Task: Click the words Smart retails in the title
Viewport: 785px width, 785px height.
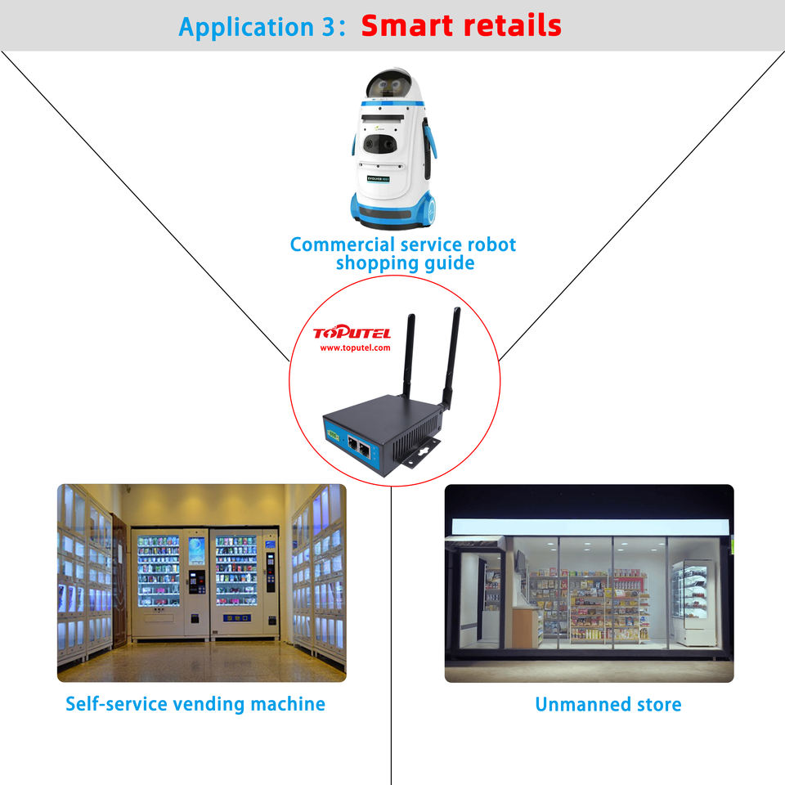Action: (x=461, y=25)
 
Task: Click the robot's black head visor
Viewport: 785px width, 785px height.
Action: (x=388, y=85)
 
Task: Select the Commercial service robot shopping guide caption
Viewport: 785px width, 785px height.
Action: (x=403, y=253)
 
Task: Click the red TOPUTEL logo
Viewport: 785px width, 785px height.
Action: (x=352, y=333)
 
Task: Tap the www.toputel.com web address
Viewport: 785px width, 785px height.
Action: (x=355, y=348)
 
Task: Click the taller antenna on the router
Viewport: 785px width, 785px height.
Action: (x=451, y=352)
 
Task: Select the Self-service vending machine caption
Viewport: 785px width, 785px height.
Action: (x=195, y=704)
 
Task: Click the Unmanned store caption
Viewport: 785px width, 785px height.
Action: (x=608, y=704)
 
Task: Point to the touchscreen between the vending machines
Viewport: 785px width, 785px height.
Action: (x=196, y=550)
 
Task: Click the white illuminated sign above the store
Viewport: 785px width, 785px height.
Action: (x=589, y=527)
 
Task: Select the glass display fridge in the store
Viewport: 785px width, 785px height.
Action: (x=692, y=601)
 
